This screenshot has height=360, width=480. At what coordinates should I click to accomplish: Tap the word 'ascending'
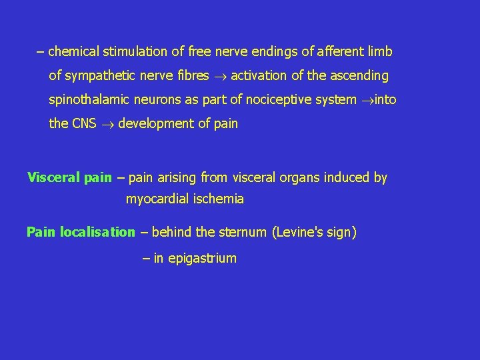pos(360,76)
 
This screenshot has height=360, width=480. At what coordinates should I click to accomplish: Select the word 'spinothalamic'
pos(89,100)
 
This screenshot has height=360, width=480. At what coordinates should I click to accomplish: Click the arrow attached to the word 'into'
pos(367,101)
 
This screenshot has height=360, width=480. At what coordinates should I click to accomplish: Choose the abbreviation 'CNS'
pos(84,124)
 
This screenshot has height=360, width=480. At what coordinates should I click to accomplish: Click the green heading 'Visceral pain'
pos(69,177)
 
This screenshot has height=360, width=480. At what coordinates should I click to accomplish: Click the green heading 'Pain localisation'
pos(80,232)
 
